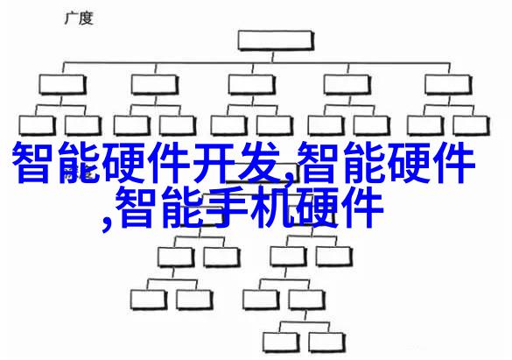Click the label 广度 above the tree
(x=79, y=18)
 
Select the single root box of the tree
(x=276, y=40)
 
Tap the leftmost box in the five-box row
(x=62, y=85)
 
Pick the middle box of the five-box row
(x=251, y=85)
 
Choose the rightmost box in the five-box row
(x=448, y=85)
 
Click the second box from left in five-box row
(x=155, y=85)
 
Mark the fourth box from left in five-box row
(x=347, y=85)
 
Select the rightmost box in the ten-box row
(x=472, y=125)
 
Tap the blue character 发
(x=259, y=163)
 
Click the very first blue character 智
(x=33, y=163)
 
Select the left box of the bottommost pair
(x=280, y=342)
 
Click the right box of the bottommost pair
(x=326, y=342)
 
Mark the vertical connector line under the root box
(x=273, y=57)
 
